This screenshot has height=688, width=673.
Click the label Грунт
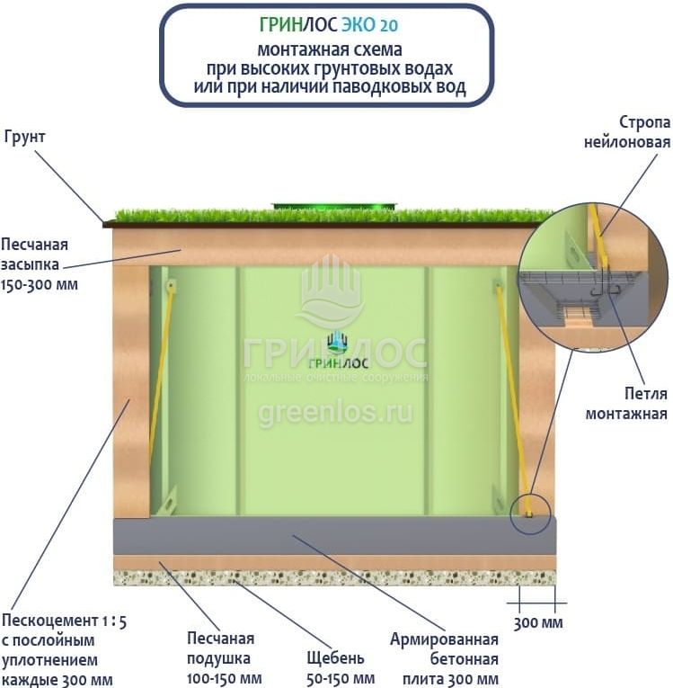(24, 138)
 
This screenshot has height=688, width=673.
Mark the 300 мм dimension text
(536, 622)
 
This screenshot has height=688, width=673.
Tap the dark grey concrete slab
(333, 536)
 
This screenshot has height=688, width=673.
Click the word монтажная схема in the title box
(329, 49)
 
